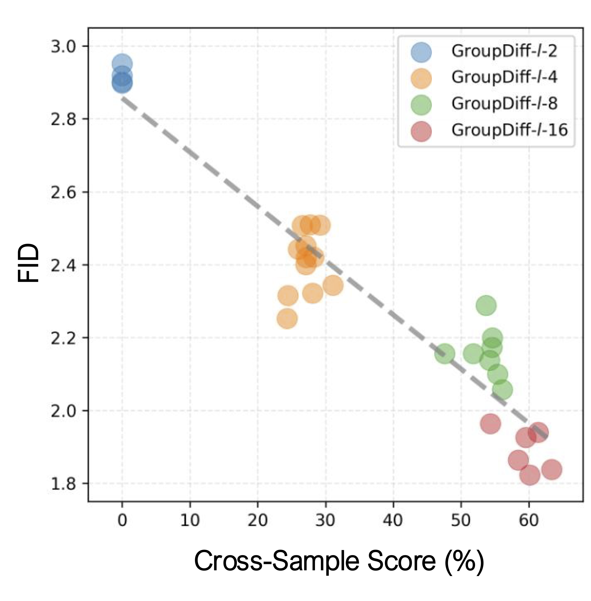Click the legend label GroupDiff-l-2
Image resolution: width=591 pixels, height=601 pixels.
tap(504, 51)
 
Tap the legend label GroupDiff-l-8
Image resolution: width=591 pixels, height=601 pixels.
tap(504, 104)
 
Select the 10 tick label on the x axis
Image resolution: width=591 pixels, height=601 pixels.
tap(190, 520)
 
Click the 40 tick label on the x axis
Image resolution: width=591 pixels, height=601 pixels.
tap(393, 520)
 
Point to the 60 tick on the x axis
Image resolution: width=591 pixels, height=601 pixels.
tap(529, 520)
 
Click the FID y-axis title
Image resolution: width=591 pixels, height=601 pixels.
tap(29, 263)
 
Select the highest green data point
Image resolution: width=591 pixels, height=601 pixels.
tap(486, 305)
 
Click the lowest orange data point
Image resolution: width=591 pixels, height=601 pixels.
tap(287, 318)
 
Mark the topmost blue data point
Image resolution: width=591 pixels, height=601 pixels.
tap(122, 64)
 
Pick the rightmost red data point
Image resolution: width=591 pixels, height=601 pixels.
tap(551, 469)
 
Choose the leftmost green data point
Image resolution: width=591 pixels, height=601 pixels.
tap(445, 354)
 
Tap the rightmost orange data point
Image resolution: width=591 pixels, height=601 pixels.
tap(333, 285)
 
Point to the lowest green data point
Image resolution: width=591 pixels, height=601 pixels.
tap(502, 390)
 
